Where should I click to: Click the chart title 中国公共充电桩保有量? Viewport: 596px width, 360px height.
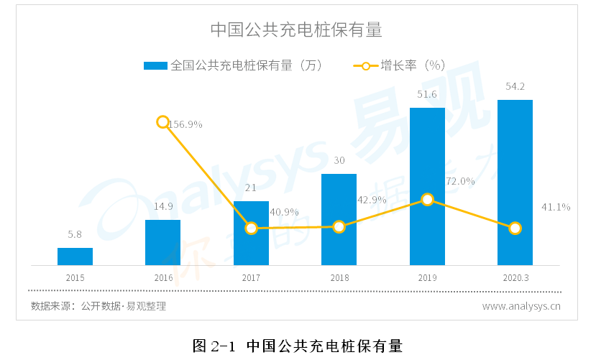click(296, 30)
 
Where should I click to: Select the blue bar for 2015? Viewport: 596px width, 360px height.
click(75, 257)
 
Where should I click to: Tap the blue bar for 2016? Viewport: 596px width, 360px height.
click(162, 242)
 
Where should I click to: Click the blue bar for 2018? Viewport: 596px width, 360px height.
click(339, 219)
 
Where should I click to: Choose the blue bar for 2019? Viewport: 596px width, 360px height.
click(427, 186)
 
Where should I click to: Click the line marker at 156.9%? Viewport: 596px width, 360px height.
click(163, 121)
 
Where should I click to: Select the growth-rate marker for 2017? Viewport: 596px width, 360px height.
click(251, 229)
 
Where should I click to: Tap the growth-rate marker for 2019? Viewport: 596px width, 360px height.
click(427, 199)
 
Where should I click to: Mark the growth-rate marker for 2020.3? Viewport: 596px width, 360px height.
click(515, 229)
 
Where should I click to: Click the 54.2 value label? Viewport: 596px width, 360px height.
click(515, 87)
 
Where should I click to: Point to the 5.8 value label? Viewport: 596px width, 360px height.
click(75, 234)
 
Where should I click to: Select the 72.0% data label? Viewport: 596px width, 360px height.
click(460, 181)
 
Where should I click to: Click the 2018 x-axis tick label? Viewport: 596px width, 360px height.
click(339, 277)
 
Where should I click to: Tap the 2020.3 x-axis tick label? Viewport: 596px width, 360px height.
click(515, 277)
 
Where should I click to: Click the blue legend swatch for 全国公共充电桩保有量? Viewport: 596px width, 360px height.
click(155, 65)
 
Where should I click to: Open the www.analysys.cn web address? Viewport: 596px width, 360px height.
click(521, 306)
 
